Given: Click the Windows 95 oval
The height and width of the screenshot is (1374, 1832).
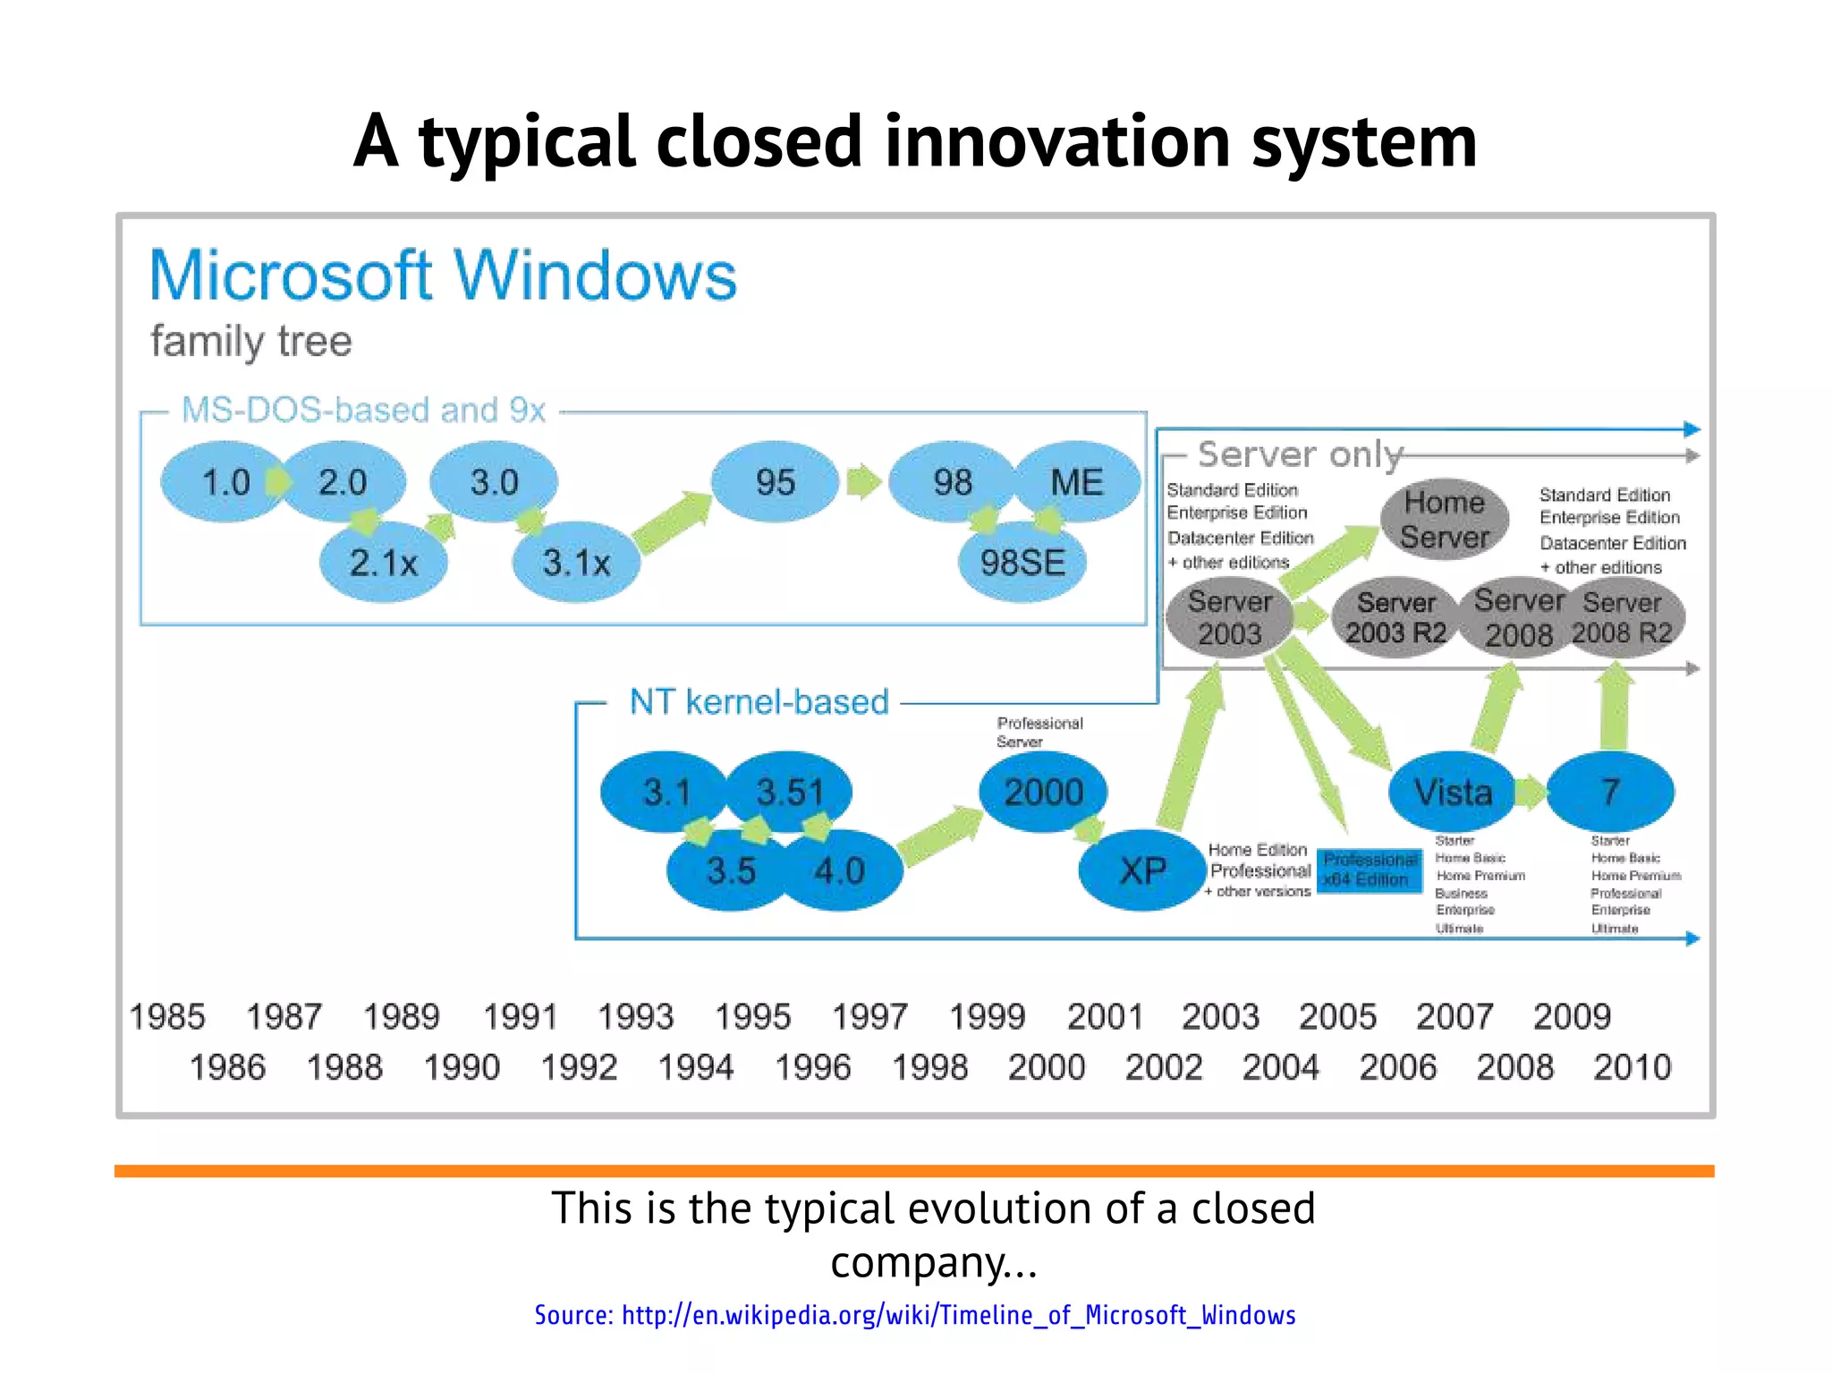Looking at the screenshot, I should click(x=775, y=482).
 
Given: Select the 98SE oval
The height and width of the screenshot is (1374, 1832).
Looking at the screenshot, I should click(x=1022, y=563).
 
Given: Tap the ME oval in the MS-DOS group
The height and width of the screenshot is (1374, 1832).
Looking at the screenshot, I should click(x=1077, y=482).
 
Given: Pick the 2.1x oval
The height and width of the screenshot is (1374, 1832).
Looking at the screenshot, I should click(x=383, y=563).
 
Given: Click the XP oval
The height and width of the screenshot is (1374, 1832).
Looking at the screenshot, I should click(x=1142, y=870).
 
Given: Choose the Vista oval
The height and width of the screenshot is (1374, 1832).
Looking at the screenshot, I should click(x=1453, y=792).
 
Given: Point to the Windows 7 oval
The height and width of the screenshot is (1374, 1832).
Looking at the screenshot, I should click(x=1610, y=792).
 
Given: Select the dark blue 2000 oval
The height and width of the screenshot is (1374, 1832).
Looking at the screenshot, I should click(x=1043, y=792).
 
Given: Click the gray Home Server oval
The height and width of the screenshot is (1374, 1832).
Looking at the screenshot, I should click(x=1444, y=520).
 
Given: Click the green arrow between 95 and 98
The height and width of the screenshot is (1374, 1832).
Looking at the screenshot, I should click(x=863, y=482).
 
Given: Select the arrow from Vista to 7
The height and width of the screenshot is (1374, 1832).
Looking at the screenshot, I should click(x=1531, y=792).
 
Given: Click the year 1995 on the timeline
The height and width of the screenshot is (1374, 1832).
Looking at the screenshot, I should click(x=752, y=1017).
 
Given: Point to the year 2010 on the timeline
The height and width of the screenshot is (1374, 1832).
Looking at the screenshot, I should click(x=1632, y=1067).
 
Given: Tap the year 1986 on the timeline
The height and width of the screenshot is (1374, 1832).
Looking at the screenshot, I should click(x=227, y=1067).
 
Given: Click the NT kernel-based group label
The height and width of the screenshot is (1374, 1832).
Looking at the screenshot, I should click(x=759, y=702).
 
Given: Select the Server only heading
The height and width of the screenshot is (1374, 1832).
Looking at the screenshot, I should click(x=1300, y=454).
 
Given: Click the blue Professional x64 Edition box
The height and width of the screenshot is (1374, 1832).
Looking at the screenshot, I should click(x=1370, y=869).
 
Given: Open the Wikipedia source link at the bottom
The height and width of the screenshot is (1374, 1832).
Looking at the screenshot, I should click(x=915, y=1315).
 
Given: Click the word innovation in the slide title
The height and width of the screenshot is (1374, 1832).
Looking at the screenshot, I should click(x=1059, y=141).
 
